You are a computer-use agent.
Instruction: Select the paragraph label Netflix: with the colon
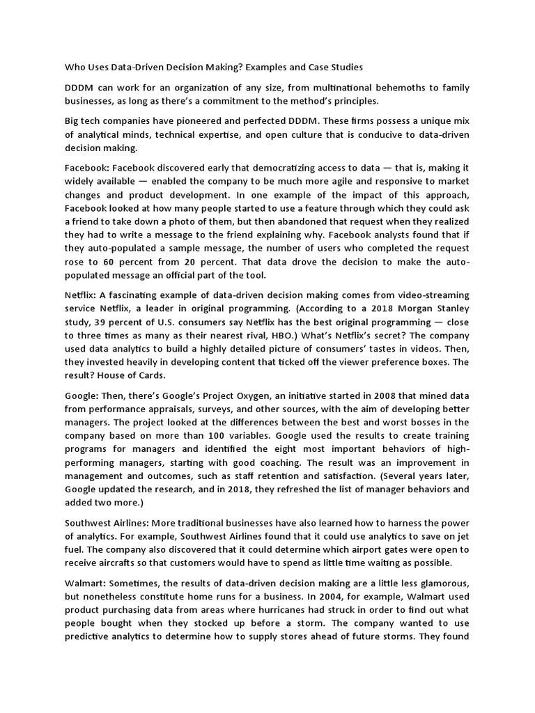81,295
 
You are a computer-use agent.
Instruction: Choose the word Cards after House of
150,375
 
